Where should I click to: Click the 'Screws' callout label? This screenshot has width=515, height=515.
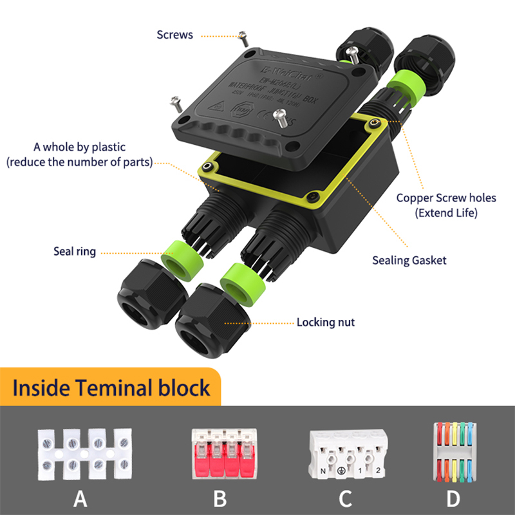[174, 35]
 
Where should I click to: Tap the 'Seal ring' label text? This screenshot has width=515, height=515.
[75, 252]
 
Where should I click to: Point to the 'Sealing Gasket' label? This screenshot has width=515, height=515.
[409, 261]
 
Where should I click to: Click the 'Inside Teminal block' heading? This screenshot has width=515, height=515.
[111, 388]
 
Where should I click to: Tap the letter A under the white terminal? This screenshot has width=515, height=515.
[80, 498]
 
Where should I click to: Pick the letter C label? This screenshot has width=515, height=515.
[346, 498]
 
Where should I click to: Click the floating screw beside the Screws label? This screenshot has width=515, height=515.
[243, 37]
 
